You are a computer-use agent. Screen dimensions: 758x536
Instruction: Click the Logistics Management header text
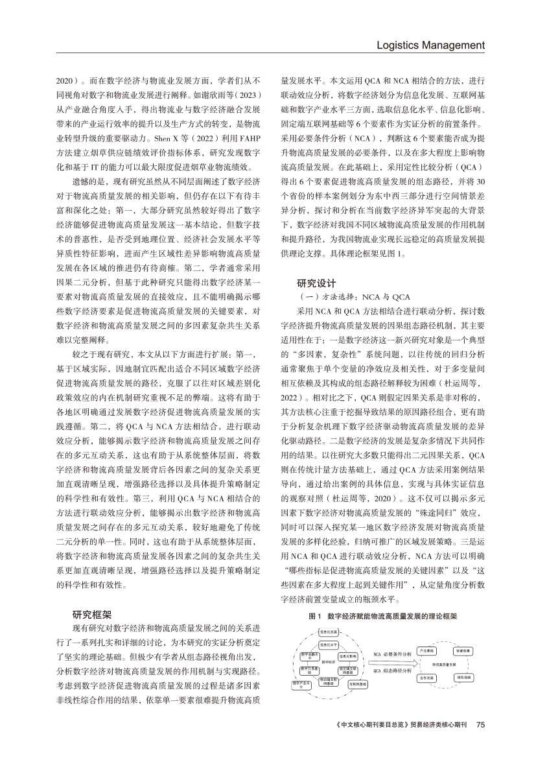tap(430, 45)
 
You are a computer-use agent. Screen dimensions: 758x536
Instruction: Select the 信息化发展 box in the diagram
tap(329, 632)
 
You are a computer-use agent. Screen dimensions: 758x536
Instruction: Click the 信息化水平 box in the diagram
tap(329, 645)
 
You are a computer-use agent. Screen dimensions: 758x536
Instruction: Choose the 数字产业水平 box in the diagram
tap(301, 685)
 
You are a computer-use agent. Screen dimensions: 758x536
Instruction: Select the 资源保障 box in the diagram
tap(463, 651)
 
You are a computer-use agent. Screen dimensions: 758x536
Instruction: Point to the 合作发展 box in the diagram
tap(426, 678)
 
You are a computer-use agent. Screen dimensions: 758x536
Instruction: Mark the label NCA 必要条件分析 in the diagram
tap(392, 654)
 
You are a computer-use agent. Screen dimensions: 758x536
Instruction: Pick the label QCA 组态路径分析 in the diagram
tap(392, 671)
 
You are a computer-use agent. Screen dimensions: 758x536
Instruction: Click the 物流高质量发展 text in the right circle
tap(444, 664)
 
